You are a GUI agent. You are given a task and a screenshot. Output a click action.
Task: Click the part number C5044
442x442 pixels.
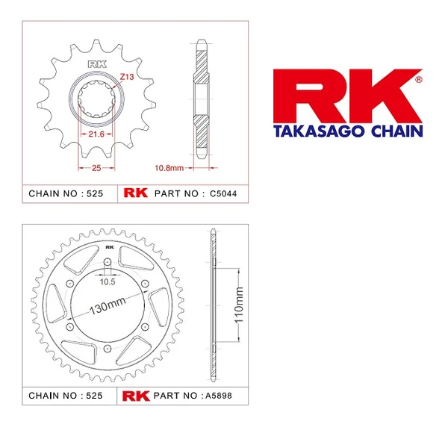pyautogui.click(x=225, y=193)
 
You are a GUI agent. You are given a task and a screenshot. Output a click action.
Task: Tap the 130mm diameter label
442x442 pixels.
pyautogui.click(x=108, y=308)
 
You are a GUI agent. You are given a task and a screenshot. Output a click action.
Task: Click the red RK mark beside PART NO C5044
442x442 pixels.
pyautogui.click(x=135, y=193)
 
